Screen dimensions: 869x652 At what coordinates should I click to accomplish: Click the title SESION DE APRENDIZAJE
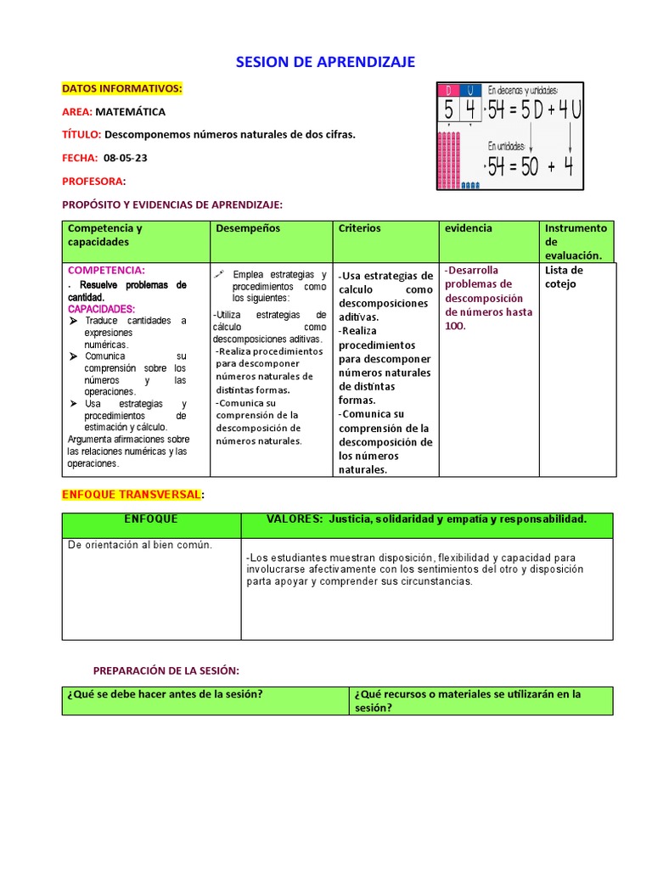[x=325, y=62]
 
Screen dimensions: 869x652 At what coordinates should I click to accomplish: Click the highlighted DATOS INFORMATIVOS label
[x=122, y=88]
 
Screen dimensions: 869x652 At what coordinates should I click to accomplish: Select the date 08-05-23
[x=126, y=158]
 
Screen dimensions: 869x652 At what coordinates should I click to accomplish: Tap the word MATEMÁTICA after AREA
[x=131, y=111]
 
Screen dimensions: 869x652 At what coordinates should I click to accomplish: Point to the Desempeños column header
[x=248, y=228]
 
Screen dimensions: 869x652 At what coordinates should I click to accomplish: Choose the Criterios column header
[x=360, y=228]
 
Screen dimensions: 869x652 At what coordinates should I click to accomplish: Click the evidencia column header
[x=468, y=228]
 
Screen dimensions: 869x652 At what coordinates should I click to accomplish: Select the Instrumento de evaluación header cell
[x=576, y=241]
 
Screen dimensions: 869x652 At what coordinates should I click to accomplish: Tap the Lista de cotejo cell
[x=564, y=277]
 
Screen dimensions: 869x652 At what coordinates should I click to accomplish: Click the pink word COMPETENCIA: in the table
[x=106, y=270]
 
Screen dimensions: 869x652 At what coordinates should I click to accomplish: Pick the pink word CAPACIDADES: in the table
[x=101, y=309]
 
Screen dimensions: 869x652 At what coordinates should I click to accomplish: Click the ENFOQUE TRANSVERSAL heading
[x=132, y=494]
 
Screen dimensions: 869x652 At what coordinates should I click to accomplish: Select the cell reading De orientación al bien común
[x=140, y=545]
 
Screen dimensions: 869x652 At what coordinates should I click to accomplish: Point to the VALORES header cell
[x=426, y=519]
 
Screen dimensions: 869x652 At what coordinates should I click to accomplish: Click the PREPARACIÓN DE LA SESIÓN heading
[x=166, y=670]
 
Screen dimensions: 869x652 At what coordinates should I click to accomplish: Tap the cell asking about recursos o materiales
[x=480, y=700]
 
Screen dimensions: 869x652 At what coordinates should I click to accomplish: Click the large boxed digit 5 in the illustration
[x=447, y=109]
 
